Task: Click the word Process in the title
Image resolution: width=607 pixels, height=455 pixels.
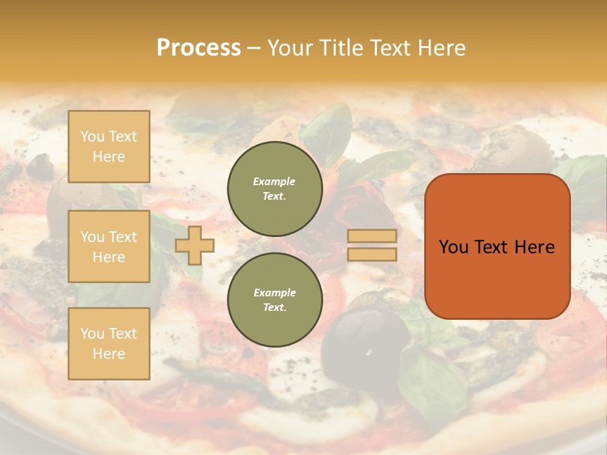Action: click(x=199, y=48)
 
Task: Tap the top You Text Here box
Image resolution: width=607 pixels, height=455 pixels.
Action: click(x=109, y=147)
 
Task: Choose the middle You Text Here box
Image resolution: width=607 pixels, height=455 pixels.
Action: click(x=109, y=246)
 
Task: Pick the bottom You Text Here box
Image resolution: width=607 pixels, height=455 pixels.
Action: click(x=109, y=344)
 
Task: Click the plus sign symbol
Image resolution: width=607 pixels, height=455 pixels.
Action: click(x=195, y=245)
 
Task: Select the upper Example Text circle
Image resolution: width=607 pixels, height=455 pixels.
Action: click(x=274, y=189)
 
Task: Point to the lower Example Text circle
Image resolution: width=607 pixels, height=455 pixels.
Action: click(x=274, y=300)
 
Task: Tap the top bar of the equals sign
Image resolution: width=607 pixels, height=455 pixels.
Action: click(x=372, y=236)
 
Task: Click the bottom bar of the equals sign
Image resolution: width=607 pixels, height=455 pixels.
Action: click(x=372, y=255)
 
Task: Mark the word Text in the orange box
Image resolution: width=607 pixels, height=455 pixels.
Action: click(x=496, y=247)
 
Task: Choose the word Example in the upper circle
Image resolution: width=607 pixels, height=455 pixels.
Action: click(x=274, y=181)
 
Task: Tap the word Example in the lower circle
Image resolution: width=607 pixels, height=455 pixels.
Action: click(x=274, y=293)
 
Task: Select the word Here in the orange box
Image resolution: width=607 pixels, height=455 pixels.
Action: click(x=534, y=247)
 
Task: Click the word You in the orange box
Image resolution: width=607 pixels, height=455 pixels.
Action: click(x=453, y=247)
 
